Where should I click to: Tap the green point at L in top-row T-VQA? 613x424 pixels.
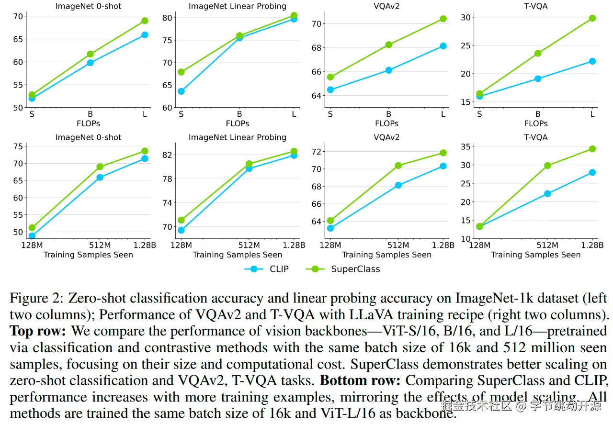pos(592,18)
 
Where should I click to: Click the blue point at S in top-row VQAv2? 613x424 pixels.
pos(330,89)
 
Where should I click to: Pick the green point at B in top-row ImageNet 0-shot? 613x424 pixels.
pos(90,54)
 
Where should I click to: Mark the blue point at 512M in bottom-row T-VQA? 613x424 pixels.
pos(547,194)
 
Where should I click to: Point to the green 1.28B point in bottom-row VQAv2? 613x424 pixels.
pos(443,153)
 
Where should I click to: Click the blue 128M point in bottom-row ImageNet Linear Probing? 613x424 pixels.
pos(181,230)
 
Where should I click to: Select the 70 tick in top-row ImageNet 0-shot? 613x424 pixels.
pos(18,16)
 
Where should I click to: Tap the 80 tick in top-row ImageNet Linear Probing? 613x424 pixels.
pos(167,18)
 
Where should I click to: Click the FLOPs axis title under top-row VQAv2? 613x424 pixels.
pos(386,123)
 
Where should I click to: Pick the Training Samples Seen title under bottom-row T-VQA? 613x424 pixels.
pos(535,255)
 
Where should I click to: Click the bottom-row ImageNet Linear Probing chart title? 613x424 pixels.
pos(237,137)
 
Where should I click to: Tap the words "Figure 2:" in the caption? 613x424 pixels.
pos(36,298)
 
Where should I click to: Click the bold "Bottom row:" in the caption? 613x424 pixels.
pos(360,381)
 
